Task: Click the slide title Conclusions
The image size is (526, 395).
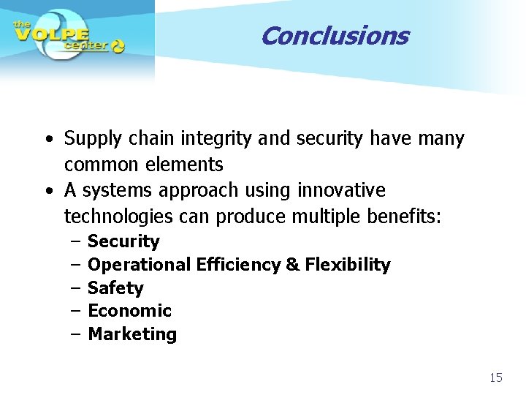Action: pos(334,35)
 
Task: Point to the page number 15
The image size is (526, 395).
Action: pos(496,377)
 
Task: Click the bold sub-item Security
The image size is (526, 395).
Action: pos(123,241)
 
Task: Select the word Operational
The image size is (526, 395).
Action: pos(140,265)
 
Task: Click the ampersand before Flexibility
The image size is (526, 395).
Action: pos(293,265)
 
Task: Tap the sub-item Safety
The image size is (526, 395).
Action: pos(115,288)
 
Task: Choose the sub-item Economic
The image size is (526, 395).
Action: pos(129,311)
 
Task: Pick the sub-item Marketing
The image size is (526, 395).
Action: pos(132,334)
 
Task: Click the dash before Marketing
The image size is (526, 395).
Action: pos(76,334)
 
